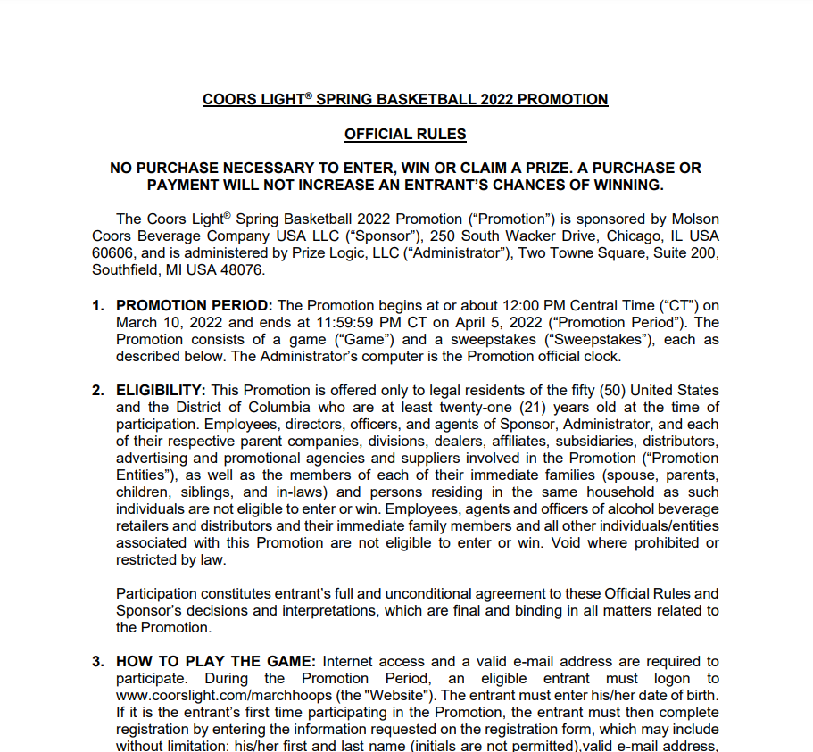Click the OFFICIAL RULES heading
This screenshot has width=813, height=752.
tap(405, 135)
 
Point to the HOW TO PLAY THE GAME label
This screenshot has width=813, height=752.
tap(216, 661)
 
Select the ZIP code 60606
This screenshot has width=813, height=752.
tap(112, 253)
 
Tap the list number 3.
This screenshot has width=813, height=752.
tap(98, 661)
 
